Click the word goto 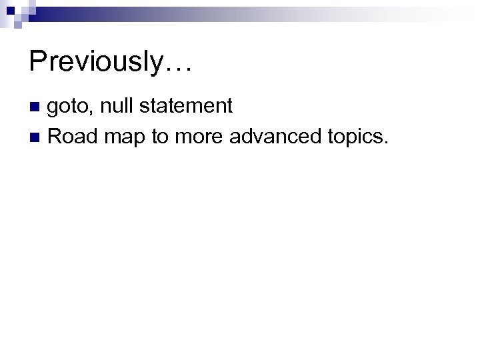click(69, 106)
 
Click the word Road click(71, 137)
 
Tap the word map click(124, 139)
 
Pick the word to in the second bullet click(160, 137)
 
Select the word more click(200, 138)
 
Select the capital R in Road click(56, 137)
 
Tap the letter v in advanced click(261, 139)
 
